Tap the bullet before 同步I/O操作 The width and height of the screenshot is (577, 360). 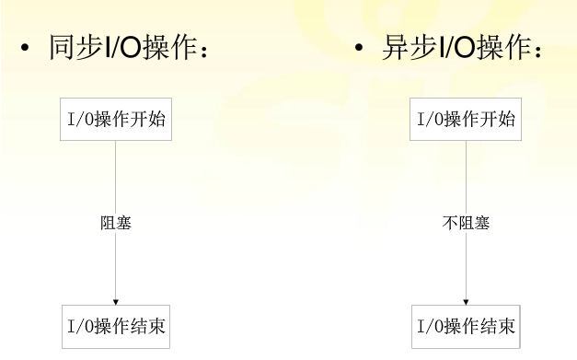click(x=24, y=49)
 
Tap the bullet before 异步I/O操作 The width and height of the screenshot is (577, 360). click(x=359, y=49)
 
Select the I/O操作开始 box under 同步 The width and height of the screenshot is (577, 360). click(x=117, y=120)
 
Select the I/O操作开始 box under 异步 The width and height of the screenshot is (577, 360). click(x=466, y=120)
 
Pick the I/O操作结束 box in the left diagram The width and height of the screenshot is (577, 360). click(x=117, y=326)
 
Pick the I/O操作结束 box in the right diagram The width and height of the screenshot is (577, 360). click(x=466, y=326)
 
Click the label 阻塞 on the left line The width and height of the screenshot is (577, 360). click(x=116, y=223)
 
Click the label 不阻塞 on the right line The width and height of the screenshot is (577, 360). click(x=466, y=223)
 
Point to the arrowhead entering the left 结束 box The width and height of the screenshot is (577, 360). click(x=116, y=300)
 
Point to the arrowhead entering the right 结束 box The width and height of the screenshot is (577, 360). click(x=466, y=300)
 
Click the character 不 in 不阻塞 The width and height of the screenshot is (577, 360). click(x=450, y=223)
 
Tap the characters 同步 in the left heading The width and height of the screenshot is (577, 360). click(x=71, y=49)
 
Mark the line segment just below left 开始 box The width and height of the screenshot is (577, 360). click(x=116, y=161)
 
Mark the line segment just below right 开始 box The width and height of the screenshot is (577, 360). click(x=466, y=161)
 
